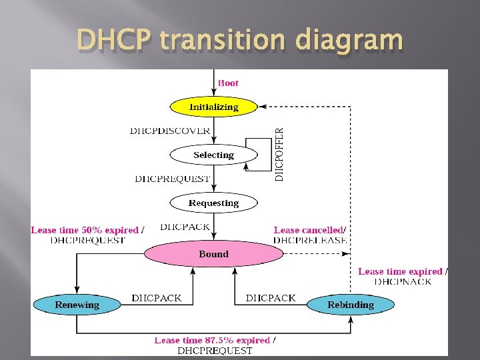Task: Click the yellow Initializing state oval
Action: coord(213,107)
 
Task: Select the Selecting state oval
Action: coord(213,155)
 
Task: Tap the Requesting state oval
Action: coord(213,203)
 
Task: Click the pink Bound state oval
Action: coord(213,254)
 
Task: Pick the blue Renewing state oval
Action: coord(77,305)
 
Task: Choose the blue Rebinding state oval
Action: coord(351,305)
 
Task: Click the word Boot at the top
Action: coord(228,83)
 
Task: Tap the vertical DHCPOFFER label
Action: coord(279,155)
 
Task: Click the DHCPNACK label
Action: coord(403,281)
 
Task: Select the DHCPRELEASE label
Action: coord(310,240)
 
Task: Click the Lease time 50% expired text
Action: coord(85,230)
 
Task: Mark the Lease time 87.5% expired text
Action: coord(212,340)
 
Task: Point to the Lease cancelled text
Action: coord(309,230)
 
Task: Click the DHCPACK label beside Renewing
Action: coord(156,298)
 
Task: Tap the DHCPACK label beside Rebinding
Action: coord(271,298)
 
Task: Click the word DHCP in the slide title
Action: coord(114,41)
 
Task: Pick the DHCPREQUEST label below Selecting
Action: coord(172,179)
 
